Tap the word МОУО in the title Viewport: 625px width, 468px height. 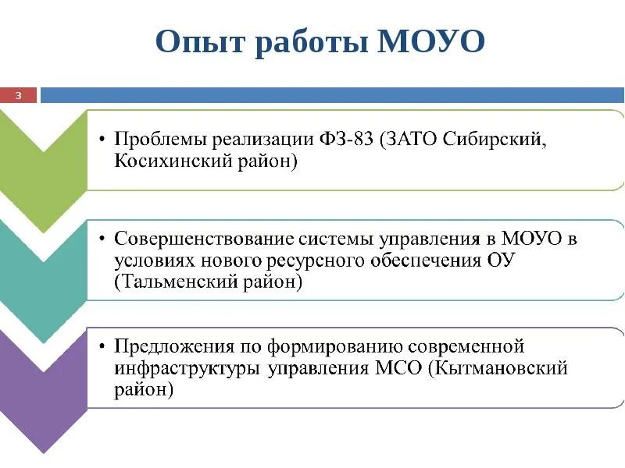click(x=431, y=41)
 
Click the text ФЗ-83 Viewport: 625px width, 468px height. click(x=346, y=140)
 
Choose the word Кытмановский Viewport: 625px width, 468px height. click(x=500, y=368)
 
